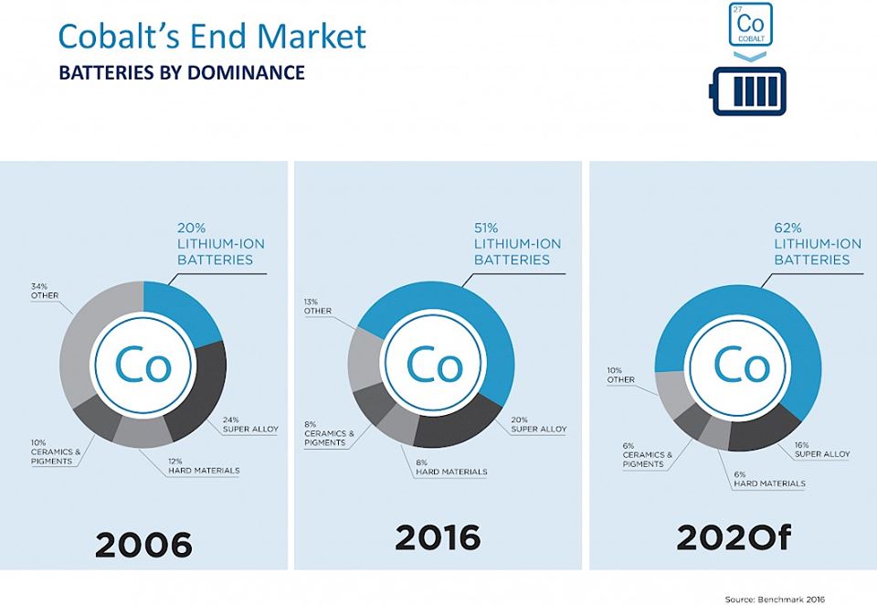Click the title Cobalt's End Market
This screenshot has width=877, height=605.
tap(212, 36)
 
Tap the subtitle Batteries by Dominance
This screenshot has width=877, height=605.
tap(182, 72)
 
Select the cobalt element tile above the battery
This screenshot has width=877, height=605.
tap(751, 25)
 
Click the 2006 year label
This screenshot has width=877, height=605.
tap(144, 546)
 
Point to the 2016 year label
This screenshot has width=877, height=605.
tap(438, 538)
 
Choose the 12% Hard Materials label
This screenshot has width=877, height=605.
tap(203, 465)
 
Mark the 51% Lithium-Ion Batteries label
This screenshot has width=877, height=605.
tap(517, 244)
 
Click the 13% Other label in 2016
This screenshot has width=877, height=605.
tap(317, 305)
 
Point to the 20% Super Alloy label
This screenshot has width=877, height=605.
tap(538, 424)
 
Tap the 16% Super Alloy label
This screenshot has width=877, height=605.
tap(821, 449)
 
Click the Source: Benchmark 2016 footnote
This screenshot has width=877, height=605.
tap(775, 599)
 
